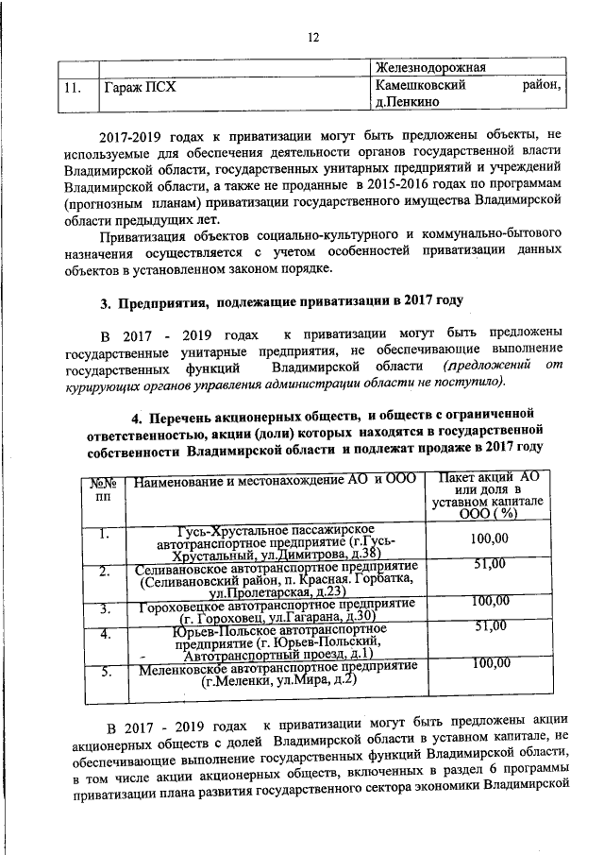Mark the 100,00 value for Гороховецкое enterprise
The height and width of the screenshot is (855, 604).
(490, 601)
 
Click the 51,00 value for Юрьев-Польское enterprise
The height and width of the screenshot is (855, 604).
(490, 626)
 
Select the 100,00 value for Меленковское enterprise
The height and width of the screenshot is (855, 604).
(490, 664)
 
